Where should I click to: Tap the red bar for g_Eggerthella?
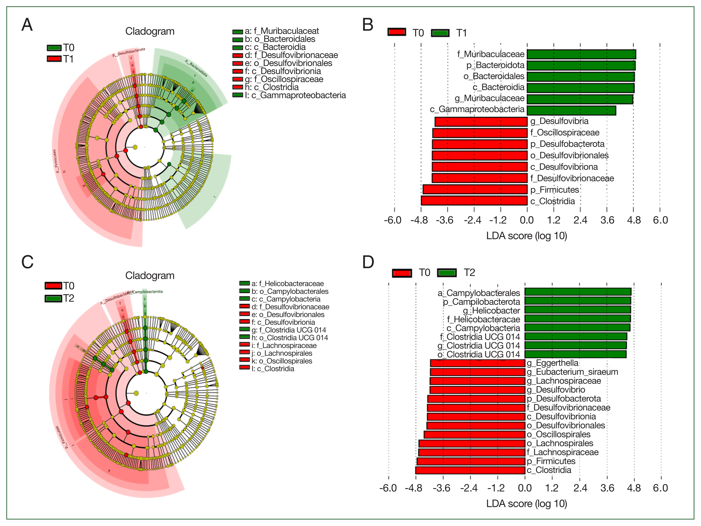point(477,363)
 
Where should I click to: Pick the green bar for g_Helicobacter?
point(577,310)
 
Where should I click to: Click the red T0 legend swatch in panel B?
point(396,32)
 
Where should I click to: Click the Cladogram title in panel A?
point(150,31)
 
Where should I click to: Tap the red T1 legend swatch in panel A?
point(54,59)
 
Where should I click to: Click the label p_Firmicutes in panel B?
point(555,190)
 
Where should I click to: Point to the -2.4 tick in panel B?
point(472,220)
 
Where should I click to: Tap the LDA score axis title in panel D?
point(526,504)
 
